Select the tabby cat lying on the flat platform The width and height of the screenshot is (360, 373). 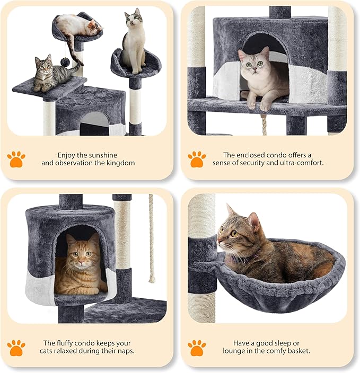click(52, 74)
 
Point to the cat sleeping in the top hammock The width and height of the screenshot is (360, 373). click(80, 26)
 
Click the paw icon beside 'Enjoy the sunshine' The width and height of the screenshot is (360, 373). click(16, 159)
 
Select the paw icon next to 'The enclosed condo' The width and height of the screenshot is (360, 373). click(197, 159)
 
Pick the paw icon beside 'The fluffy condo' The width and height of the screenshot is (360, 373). click(16, 348)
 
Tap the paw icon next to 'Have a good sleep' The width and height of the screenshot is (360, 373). click(197, 348)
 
